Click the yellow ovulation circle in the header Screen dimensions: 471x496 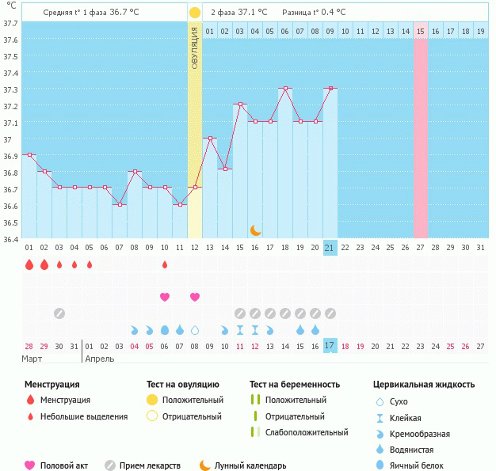[195, 13]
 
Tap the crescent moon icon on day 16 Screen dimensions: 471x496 [255, 230]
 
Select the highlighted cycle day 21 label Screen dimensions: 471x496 [330, 248]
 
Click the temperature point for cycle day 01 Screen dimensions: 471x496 [29, 154]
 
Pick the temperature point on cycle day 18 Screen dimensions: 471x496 [285, 89]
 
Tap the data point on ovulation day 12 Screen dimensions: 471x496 [195, 188]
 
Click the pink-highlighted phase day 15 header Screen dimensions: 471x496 [421, 31]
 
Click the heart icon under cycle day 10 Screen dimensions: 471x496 [165, 297]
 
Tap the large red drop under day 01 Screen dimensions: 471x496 [29, 264]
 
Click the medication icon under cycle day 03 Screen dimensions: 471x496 [59, 313]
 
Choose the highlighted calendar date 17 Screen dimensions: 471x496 [330, 346]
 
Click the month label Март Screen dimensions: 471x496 [32, 359]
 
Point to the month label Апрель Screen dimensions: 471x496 [99, 359]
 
